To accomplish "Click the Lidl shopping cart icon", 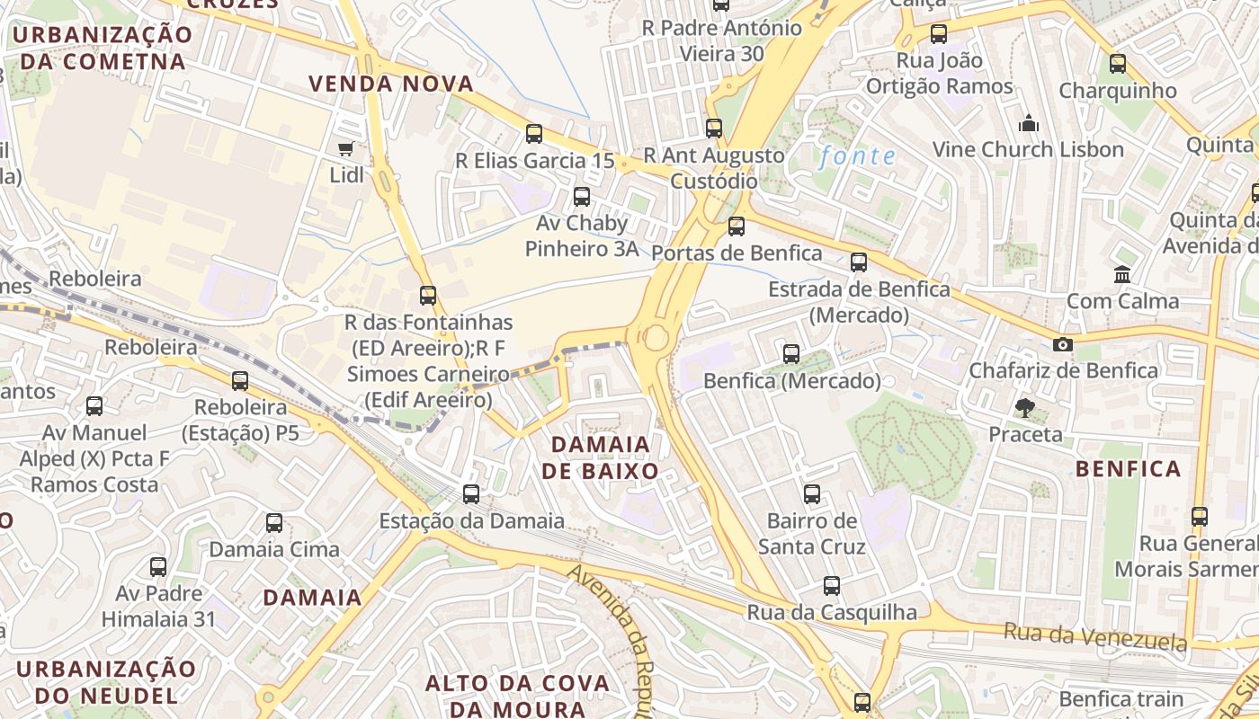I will [x=345, y=148].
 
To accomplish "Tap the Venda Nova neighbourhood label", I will [x=391, y=84].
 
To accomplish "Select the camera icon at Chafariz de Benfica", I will [x=1062, y=344].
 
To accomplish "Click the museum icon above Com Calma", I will [x=1122, y=274].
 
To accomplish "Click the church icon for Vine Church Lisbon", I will [x=1028, y=123].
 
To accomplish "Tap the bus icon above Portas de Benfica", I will [x=737, y=226].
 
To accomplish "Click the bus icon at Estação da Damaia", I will [x=471, y=493].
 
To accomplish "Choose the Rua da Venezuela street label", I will [x=1095, y=636].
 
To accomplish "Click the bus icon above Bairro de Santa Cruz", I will [x=812, y=493].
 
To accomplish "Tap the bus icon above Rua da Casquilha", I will [x=832, y=586].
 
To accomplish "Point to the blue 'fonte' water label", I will [x=857, y=156].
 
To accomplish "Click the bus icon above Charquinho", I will [x=1117, y=64].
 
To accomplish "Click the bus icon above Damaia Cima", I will [x=274, y=522].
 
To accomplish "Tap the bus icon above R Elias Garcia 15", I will [x=534, y=134].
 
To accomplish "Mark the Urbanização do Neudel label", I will [x=106, y=681].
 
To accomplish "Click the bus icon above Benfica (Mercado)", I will [x=791, y=354].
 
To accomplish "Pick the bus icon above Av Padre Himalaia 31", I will [x=158, y=567].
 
